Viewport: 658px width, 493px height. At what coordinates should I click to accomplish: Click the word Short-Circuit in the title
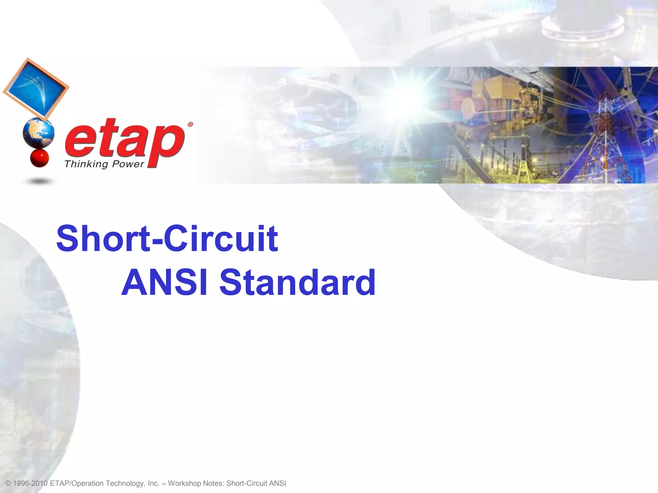point(167,239)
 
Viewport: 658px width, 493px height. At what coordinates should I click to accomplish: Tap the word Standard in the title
point(297,283)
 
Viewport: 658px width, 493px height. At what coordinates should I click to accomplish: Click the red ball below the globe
point(39,158)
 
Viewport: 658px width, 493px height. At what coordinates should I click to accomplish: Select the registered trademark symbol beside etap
point(190,125)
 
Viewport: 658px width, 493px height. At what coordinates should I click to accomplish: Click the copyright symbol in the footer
point(8,483)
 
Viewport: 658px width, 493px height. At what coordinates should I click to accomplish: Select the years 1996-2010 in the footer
point(31,483)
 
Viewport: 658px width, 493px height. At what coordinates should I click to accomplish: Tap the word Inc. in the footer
point(154,483)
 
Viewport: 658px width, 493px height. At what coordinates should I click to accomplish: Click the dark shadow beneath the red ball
point(39,182)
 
